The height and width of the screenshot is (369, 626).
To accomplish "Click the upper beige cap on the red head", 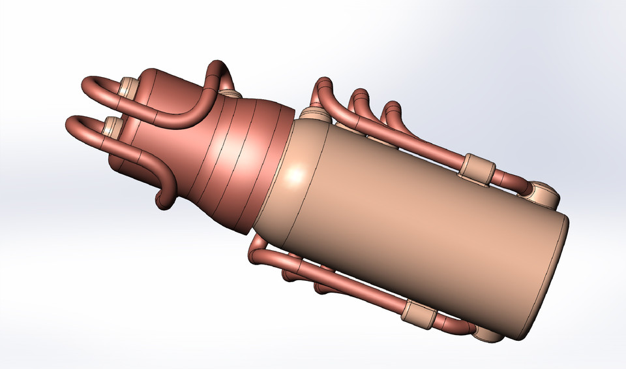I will point(129,87).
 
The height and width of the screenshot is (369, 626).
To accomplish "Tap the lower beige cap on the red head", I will point(112,125).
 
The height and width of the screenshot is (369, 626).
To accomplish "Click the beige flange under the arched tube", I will point(230,95).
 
